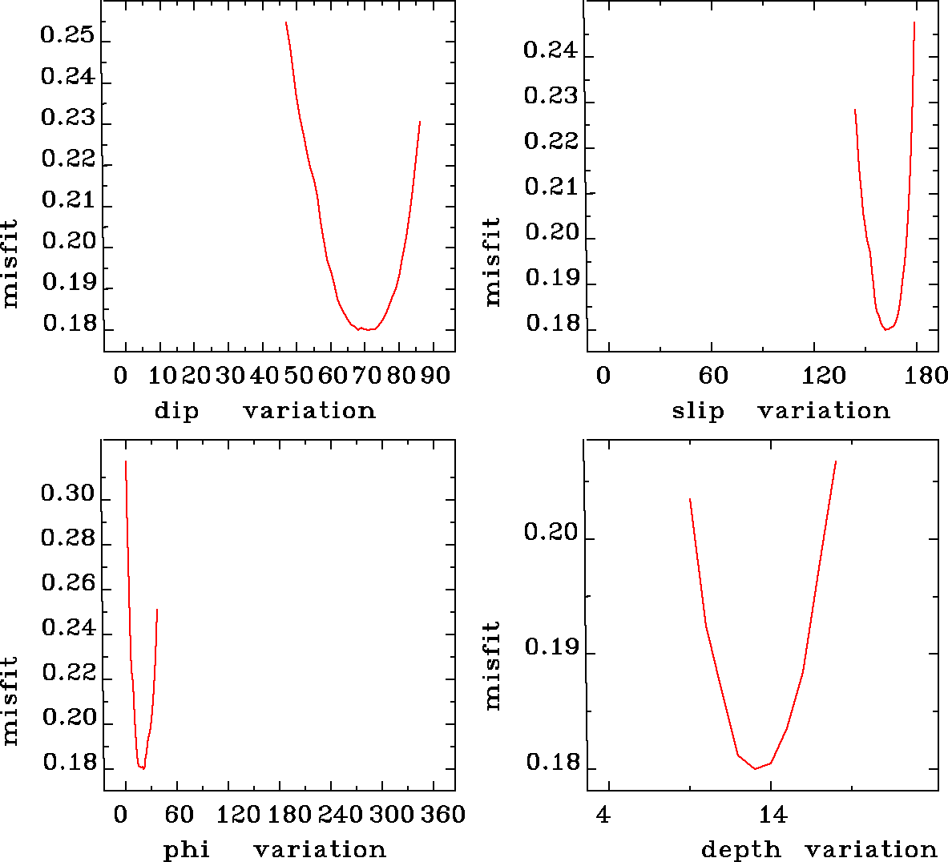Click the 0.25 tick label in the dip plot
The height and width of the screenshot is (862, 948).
pyautogui.click(x=67, y=36)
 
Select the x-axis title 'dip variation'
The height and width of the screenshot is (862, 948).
pyautogui.click(x=264, y=411)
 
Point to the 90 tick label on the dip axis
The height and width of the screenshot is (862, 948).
pyautogui.click(x=436, y=376)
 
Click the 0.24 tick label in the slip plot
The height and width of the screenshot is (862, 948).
pyautogui.click(x=550, y=50)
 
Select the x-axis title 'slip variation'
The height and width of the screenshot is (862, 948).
pyautogui.click(x=781, y=411)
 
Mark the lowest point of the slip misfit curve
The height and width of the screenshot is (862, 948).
pyautogui.click(x=886, y=329)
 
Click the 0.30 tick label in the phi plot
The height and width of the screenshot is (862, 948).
pyautogui.click(x=67, y=493)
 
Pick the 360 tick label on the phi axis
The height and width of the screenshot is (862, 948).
pyautogui.click(x=442, y=815)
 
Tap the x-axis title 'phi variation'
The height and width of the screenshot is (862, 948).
pyautogui.click(x=275, y=849)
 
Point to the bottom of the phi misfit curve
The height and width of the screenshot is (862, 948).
pyautogui.click(x=143, y=768)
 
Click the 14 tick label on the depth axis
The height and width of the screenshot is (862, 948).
pyautogui.click(x=773, y=816)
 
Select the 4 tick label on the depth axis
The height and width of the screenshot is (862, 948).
pyautogui.click(x=603, y=816)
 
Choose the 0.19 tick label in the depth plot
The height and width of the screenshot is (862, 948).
pyautogui.click(x=551, y=647)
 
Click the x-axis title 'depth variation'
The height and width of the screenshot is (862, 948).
pyautogui.click(x=819, y=849)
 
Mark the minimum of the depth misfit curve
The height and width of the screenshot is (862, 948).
pyautogui.click(x=755, y=769)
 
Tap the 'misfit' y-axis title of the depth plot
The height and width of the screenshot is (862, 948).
pyautogui.click(x=492, y=666)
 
